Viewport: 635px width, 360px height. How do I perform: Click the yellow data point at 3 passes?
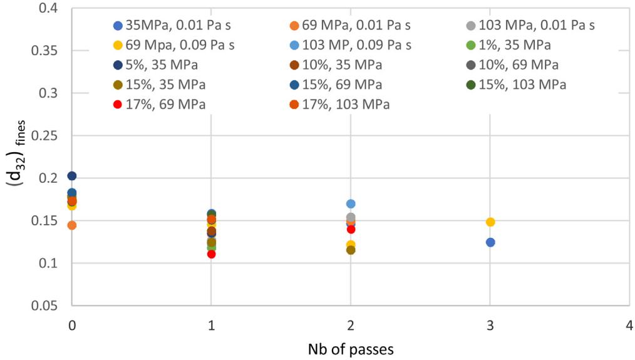pos(490,222)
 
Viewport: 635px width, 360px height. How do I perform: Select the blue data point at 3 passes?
pos(490,242)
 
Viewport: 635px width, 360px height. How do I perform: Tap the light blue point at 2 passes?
pos(351,203)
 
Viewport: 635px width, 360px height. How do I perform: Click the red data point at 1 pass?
pos(211,254)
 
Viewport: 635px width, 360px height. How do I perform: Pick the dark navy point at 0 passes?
pos(72,176)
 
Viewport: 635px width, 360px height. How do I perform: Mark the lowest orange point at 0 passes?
pos(72,225)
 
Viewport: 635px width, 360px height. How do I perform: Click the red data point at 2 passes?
pos(351,229)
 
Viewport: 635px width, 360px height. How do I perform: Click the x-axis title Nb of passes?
pos(350,349)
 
